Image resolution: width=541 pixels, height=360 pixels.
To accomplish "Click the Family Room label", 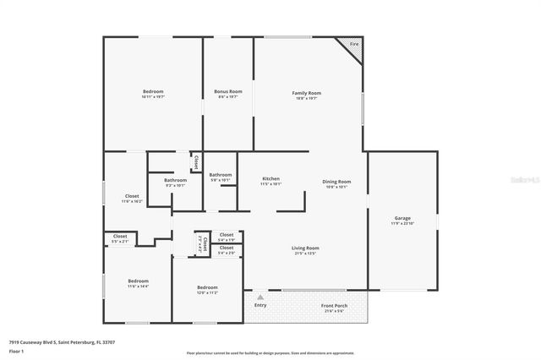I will click(x=307, y=93).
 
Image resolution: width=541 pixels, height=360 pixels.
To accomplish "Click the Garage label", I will click(x=402, y=219).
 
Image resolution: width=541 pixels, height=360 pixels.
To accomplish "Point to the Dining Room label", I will click(x=336, y=182).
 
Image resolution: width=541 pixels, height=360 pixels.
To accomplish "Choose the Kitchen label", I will click(x=270, y=179).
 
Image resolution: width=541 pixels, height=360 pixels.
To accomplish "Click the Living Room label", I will click(x=306, y=248).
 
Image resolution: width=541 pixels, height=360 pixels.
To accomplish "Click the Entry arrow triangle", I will click(x=260, y=297).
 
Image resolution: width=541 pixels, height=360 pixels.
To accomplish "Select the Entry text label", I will click(x=260, y=305).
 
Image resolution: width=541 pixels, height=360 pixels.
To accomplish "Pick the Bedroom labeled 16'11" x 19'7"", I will click(x=153, y=91).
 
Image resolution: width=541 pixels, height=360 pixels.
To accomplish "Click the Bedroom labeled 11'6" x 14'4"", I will click(x=138, y=281).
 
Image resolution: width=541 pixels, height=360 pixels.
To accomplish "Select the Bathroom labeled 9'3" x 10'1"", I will click(x=175, y=180).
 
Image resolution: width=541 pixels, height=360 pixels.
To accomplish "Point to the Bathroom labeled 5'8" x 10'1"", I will click(x=220, y=175).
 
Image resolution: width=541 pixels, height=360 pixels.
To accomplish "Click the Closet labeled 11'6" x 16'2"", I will click(x=132, y=196).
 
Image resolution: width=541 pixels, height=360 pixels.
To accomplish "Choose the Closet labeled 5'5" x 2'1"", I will click(x=120, y=237).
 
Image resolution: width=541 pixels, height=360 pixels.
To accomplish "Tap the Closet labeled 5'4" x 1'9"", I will click(x=227, y=235).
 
